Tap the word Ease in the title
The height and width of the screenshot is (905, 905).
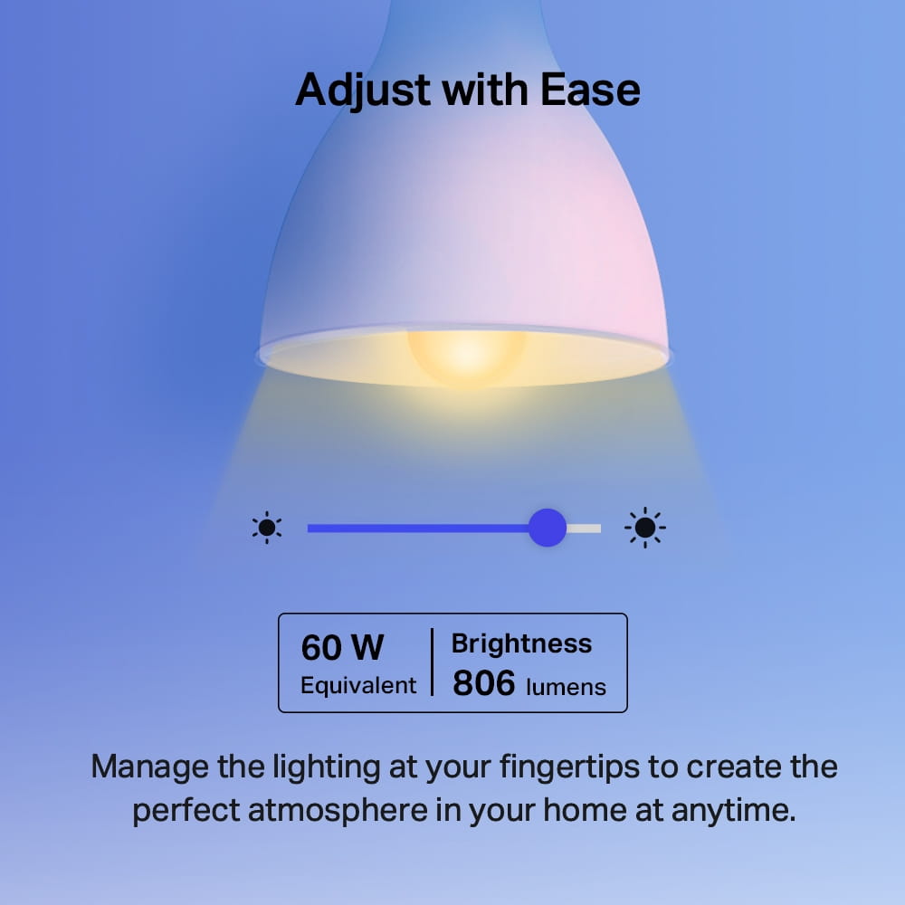591,90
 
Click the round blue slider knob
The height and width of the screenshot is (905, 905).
547,528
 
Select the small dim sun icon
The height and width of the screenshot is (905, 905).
267,528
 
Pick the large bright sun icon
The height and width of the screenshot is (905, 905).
645,528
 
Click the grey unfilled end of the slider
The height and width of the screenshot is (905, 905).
585,528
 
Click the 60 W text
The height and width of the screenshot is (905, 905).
342,648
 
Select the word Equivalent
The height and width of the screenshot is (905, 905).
358,686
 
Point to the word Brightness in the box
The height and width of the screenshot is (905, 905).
521,643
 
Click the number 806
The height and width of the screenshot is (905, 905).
483,684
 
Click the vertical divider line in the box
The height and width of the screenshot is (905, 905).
432,662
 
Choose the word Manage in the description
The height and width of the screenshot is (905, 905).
149,767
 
